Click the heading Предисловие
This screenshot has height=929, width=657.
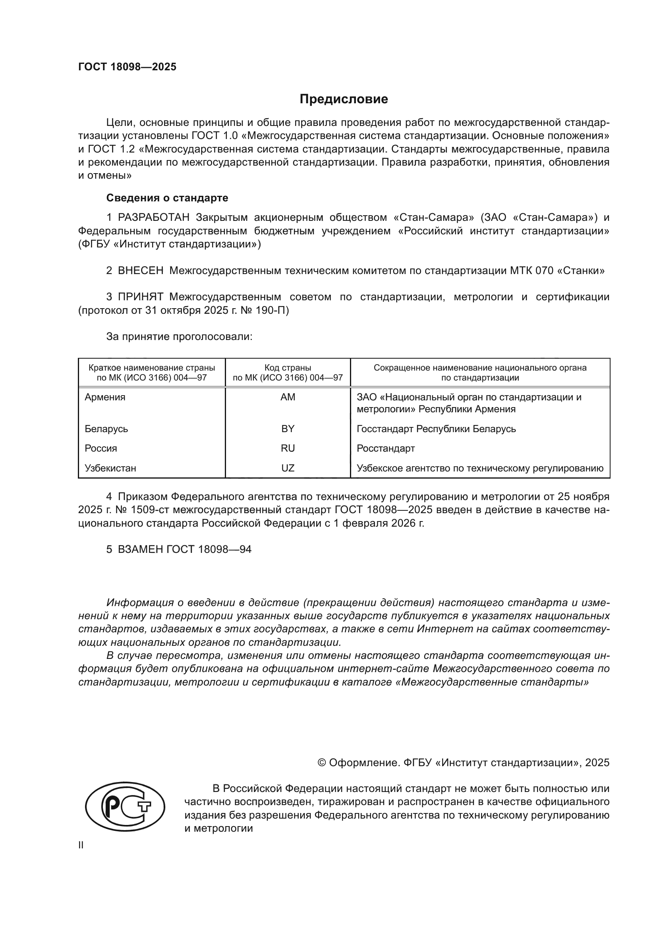tap(344, 99)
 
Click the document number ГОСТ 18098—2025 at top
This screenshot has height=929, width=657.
tap(127, 67)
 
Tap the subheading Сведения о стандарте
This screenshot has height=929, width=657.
tap(167, 198)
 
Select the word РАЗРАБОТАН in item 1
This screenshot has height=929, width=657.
tap(154, 218)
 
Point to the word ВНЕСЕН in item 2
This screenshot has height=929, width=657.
tap(141, 271)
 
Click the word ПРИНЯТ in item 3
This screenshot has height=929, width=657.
tap(140, 297)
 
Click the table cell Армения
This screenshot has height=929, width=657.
tap(105, 397)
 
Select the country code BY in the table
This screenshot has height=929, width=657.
tap(288, 429)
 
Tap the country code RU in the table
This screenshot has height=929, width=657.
tap(288, 448)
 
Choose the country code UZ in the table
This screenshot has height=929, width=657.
tap(288, 468)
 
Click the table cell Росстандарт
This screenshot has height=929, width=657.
tap(386, 448)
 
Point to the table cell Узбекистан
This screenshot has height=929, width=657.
tap(110, 468)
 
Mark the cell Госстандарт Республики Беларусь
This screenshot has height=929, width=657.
tap(436, 429)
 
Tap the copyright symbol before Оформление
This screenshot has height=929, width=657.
tap(322, 763)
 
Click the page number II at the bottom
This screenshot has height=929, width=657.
tap(81, 845)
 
